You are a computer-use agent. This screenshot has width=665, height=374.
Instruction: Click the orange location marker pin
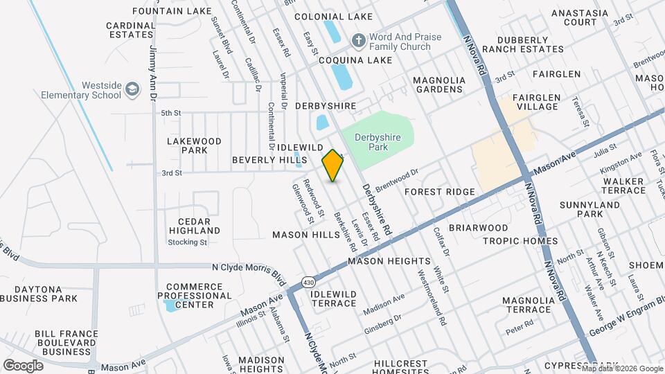pyautogui.click(x=333, y=166)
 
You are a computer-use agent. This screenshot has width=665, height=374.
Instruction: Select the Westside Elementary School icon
pyautogui.click(x=132, y=89)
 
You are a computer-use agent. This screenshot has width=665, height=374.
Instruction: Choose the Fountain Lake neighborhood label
pyautogui.click(x=162, y=11)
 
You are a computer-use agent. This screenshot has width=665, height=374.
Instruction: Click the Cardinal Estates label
pyautogui.click(x=130, y=30)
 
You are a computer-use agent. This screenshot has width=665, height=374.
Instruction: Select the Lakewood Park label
pyautogui.click(x=195, y=145)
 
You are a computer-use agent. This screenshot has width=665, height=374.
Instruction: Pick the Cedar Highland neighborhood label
pyautogui.click(x=195, y=226)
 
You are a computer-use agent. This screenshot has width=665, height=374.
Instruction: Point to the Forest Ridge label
pyautogui.click(x=440, y=192)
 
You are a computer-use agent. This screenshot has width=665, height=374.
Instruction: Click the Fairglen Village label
pyautogui.click(x=538, y=103)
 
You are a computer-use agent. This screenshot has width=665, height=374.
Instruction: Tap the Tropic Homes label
pyautogui.click(x=520, y=241)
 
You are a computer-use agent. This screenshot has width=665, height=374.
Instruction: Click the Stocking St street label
pyautogui.click(x=188, y=242)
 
